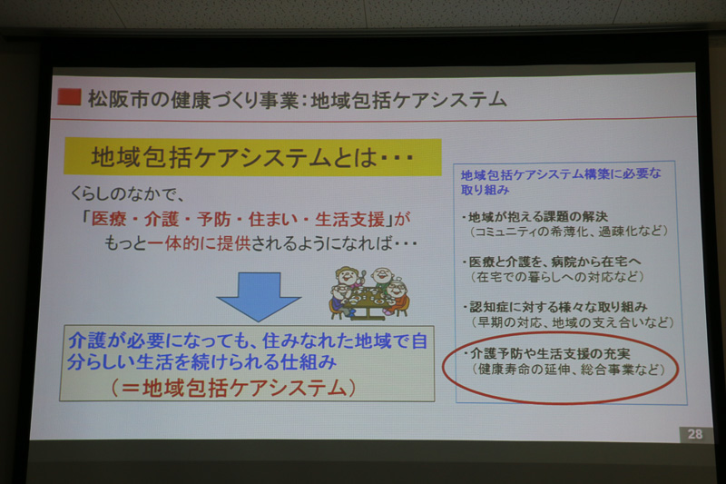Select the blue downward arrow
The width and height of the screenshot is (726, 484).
[258, 295]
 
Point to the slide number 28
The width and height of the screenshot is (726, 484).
[694, 434]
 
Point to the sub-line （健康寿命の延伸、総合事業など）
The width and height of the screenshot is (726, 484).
[563, 370]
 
